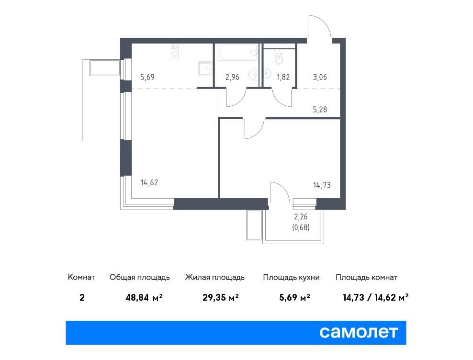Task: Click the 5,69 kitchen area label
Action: click(147, 77)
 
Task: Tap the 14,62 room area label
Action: click(149, 182)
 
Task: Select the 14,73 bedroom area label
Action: click(322, 185)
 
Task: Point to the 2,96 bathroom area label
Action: click(232, 77)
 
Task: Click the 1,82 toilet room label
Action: click(283, 77)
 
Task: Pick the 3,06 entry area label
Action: click(320, 77)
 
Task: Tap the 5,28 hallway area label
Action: click(320, 109)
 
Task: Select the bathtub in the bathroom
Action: click(237, 52)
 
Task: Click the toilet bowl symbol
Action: click(279, 57)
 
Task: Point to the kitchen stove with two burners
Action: click(175, 51)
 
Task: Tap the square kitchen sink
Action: click(205, 69)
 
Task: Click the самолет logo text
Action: click(359, 332)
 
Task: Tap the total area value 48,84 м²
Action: click(144, 298)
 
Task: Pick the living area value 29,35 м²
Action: click(221, 298)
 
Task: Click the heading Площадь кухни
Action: click(291, 277)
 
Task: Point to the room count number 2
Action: click(82, 298)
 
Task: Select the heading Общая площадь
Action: click(139, 277)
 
